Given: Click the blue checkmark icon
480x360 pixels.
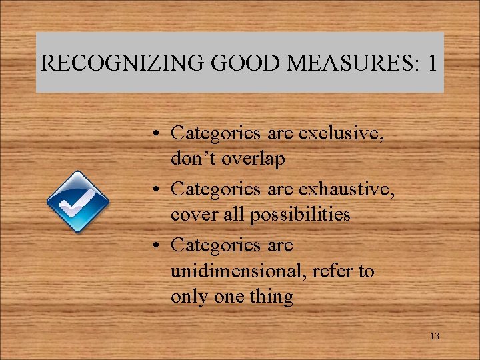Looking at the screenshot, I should pos(77,202).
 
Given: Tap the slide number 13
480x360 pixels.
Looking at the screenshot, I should pos(434,337).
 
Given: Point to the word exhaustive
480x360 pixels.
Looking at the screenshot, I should pos(347,189).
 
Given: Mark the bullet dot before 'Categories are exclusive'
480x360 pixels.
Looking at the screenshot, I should pos(154,134).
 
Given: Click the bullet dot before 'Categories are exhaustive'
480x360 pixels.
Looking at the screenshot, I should pos(154,190).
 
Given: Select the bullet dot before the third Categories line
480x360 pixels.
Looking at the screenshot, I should pos(154,246).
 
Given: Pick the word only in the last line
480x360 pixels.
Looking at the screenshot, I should pos(189,297).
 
